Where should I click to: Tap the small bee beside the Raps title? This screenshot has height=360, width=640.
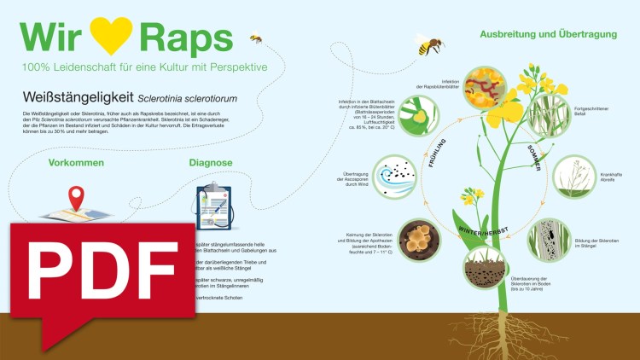coord(255,38)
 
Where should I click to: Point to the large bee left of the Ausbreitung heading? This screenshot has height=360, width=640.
coord(430,45)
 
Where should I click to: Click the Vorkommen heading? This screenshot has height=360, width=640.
coord(76,162)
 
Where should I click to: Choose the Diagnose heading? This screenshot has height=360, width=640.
coord(213,162)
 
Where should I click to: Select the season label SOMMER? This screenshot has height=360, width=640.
coord(534,159)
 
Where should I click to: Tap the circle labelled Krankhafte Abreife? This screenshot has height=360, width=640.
coord(574,177)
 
